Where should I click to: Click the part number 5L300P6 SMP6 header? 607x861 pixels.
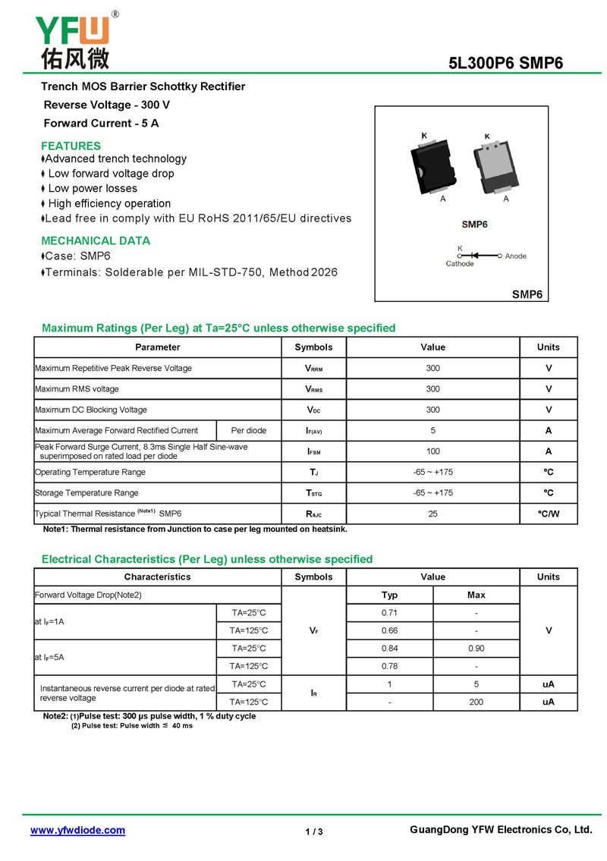[x=506, y=64]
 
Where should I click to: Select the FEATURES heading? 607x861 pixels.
[x=71, y=146]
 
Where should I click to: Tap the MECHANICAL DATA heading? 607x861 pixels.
[x=96, y=240]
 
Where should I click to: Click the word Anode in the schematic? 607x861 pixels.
[x=516, y=256]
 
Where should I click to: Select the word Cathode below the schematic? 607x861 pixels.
[x=460, y=264]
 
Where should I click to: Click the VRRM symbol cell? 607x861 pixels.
[x=313, y=369]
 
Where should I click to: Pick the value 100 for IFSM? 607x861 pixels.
[x=432, y=451]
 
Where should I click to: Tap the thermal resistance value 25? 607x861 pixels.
[x=432, y=514]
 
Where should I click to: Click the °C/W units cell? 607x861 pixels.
[x=548, y=514]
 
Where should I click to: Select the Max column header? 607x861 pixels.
[x=476, y=595]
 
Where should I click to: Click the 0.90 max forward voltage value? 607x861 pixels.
[x=476, y=649]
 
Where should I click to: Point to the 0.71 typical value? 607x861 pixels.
[x=390, y=612]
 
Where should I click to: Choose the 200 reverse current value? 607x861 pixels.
[x=476, y=702]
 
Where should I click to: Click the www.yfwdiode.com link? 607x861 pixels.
[x=77, y=831]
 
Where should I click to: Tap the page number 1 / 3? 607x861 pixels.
[x=314, y=832]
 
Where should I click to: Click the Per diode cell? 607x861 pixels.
[x=249, y=431]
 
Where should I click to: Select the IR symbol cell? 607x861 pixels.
[x=313, y=693]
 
